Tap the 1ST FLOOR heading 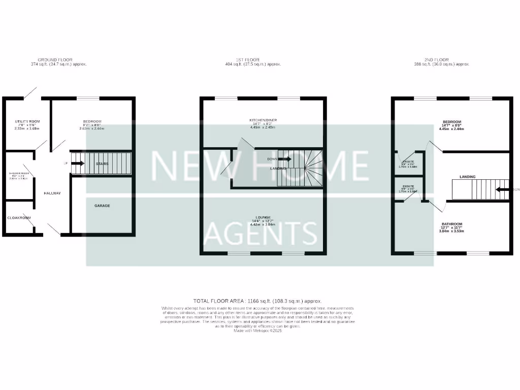point(253,60)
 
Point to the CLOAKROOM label point(19,218)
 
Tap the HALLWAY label point(52,193)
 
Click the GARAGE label point(102,206)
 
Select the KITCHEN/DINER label point(263,120)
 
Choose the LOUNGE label point(263,217)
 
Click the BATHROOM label point(451,224)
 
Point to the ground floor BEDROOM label point(92,121)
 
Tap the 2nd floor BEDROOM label point(451,122)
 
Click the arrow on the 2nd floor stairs point(502,190)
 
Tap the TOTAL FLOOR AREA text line point(257,301)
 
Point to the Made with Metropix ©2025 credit point(257,331)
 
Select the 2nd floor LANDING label point(467,177)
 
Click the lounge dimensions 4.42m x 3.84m point(263,224)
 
